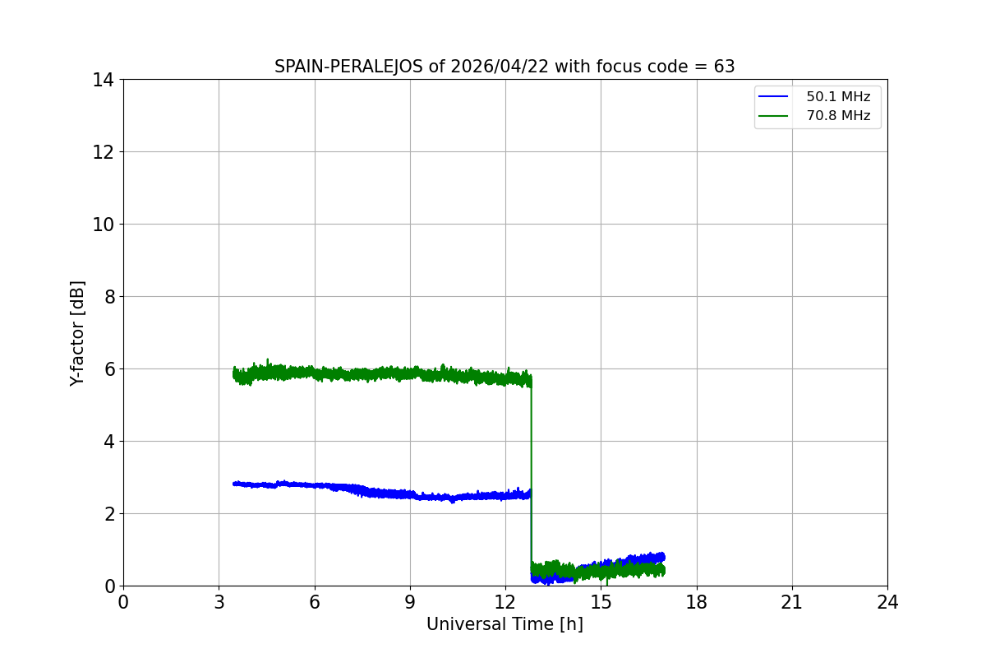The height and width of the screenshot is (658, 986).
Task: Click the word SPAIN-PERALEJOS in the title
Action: click(x=349, y=67)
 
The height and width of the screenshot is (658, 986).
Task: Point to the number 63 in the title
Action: click(x=725, y=67)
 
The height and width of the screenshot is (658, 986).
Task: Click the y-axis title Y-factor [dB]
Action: click(x=77, y=332)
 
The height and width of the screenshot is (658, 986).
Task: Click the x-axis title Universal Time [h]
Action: click(x=505, y=624)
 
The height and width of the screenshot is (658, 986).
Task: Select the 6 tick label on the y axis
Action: click(x=109, y=369)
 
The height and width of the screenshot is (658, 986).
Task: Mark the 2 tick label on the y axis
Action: click(x=109, y=514)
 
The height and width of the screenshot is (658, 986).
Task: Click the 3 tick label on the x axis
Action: click(x=219, y=602)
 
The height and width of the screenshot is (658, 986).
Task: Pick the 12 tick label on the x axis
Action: click(x=505, y=602)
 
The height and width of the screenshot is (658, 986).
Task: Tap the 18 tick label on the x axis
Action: click(x=697, y=602)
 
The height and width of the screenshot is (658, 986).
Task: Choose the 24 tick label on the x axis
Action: click(x=887, y=602)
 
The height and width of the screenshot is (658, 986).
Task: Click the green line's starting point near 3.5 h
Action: click(x=235, y=374)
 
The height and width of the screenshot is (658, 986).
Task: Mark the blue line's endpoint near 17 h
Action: click(x=663, y=557)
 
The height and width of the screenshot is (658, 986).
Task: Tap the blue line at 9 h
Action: click(x=410, y=495)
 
